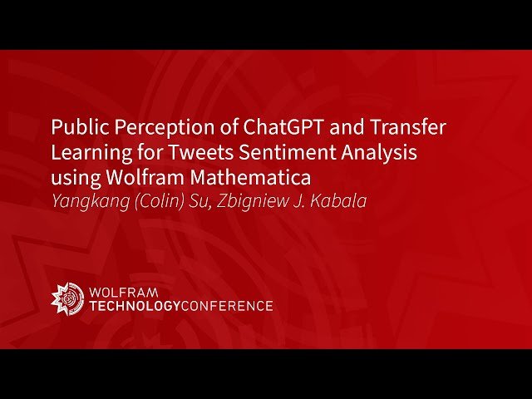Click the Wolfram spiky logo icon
pos(67,298)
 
